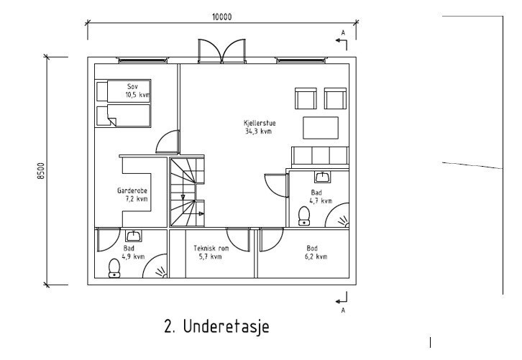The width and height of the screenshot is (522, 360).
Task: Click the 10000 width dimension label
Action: [221, 18]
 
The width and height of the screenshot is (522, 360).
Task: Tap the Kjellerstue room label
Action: [260, 123]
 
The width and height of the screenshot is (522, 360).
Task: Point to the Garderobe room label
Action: [132, 190]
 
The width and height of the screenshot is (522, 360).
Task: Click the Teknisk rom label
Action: [211, 248]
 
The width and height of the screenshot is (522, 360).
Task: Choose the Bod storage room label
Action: [311, 248]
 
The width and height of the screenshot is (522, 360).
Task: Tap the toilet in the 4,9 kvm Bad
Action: [114, 268]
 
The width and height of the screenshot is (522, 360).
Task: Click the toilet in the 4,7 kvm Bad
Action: [303, 215]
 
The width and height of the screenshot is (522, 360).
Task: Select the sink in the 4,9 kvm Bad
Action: [133, 235]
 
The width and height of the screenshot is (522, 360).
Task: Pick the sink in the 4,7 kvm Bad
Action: [322, 176]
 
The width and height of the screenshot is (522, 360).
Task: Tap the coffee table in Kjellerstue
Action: [320, 127]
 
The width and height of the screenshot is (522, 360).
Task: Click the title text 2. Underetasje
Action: [216, 327]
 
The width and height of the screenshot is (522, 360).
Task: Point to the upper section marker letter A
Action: [343, 33]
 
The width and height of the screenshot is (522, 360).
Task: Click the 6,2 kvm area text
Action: [316, 257]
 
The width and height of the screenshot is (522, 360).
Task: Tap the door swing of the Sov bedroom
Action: [167, 141]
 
